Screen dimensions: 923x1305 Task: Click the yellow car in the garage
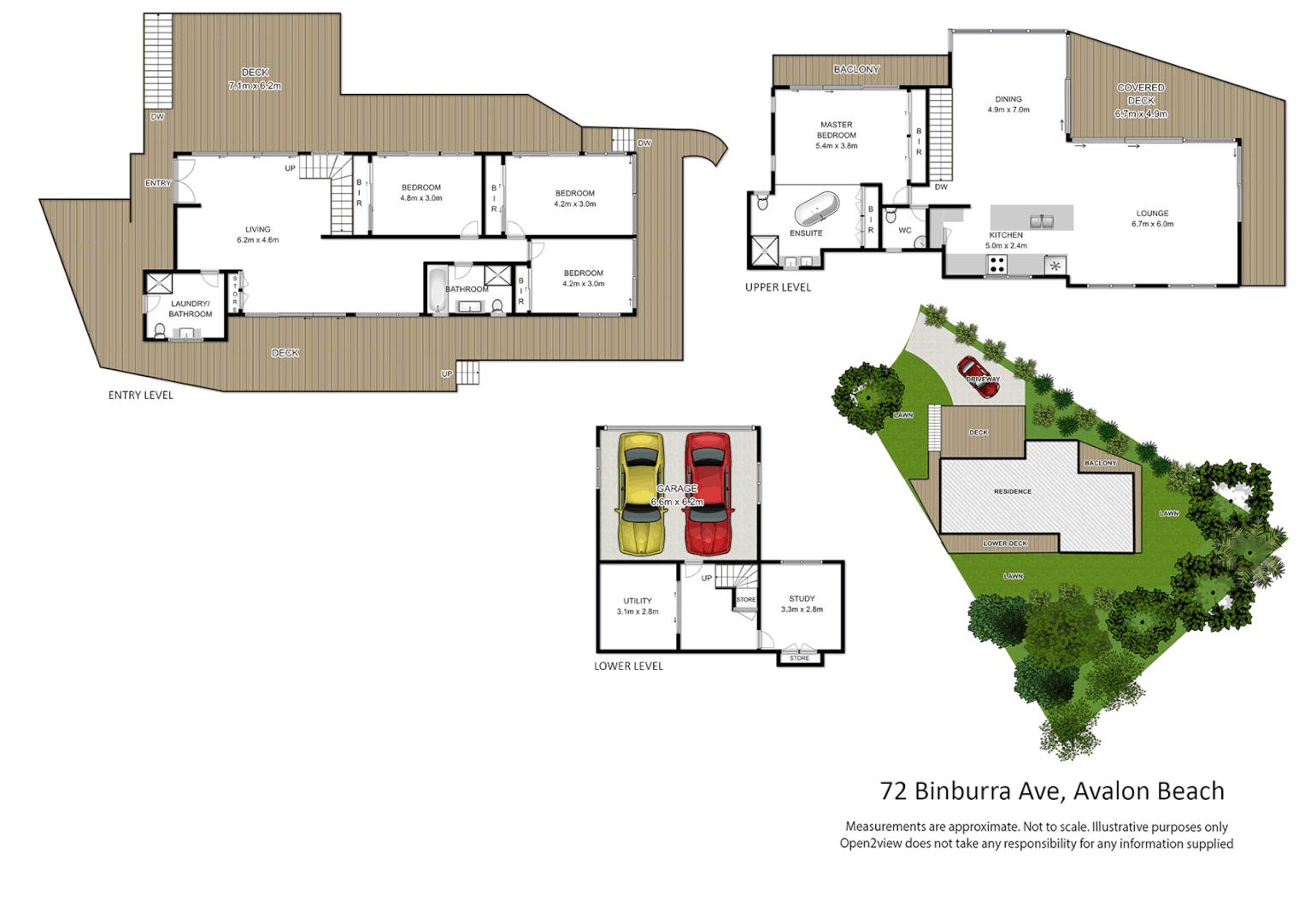pyautogui.click(x=640, y=493)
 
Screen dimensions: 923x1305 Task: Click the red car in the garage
pyautogui.click(x=708, y=493)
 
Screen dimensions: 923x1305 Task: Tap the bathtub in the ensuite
pyautogui.click(x=817, y=208)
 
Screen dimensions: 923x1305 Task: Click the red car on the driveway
pyautogui.click(x=979, y=377)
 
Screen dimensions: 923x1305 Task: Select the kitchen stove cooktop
pyautogui.click(x=997, y=265)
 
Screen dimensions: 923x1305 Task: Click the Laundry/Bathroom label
pyautogui.click(x=190, y=309)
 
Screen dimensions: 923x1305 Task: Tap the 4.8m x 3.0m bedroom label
pyautogui.click(x=421, y=192)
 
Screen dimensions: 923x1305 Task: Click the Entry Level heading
pyautogui.click(x=140, y=395)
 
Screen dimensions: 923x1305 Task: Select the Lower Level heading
pyautogui.click(x=628, y=666)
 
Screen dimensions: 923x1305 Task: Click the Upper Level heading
pyautogui.click(x=778, y=287)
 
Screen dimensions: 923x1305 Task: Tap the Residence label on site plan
pyautogui.click(x=1013, y=491)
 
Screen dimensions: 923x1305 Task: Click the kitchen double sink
pyautogui.click(x=1041, y=221)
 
